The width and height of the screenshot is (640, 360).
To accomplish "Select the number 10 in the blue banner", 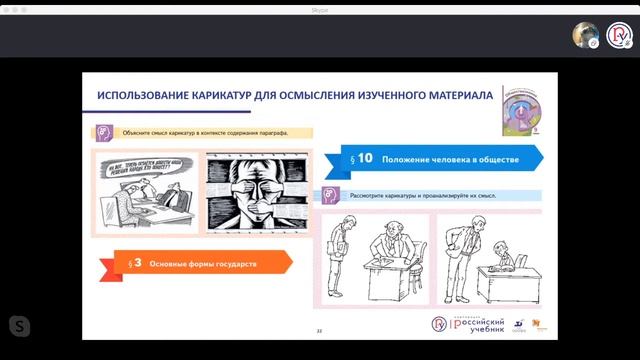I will (364, 158).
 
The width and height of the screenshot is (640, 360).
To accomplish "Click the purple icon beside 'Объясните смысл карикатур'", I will (104, 132).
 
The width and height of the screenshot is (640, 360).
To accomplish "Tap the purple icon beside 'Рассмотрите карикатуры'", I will (332, 195).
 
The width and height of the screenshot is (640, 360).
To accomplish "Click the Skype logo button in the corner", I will (19, 326).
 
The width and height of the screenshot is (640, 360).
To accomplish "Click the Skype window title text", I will (320, 6).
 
